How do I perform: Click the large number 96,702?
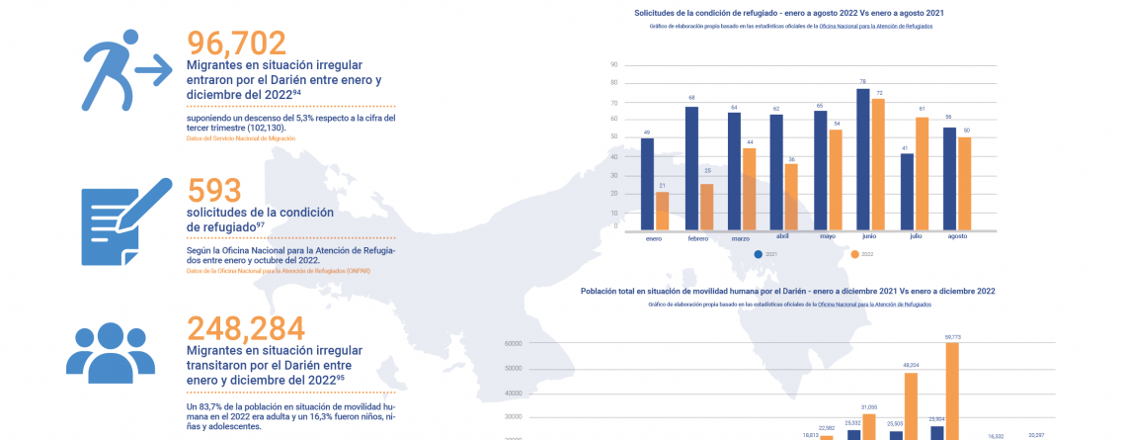point(236,43)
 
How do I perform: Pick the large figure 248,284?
point(246,328)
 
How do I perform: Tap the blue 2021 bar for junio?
point(862,157)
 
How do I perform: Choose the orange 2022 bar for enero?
point(662,209)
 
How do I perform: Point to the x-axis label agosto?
point(956,237)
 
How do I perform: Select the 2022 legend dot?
point(855,254)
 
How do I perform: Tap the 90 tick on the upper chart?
point(614,64)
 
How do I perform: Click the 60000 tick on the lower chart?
point(513,344)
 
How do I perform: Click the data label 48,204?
point(911,365)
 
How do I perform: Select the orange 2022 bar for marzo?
point(748,187)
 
